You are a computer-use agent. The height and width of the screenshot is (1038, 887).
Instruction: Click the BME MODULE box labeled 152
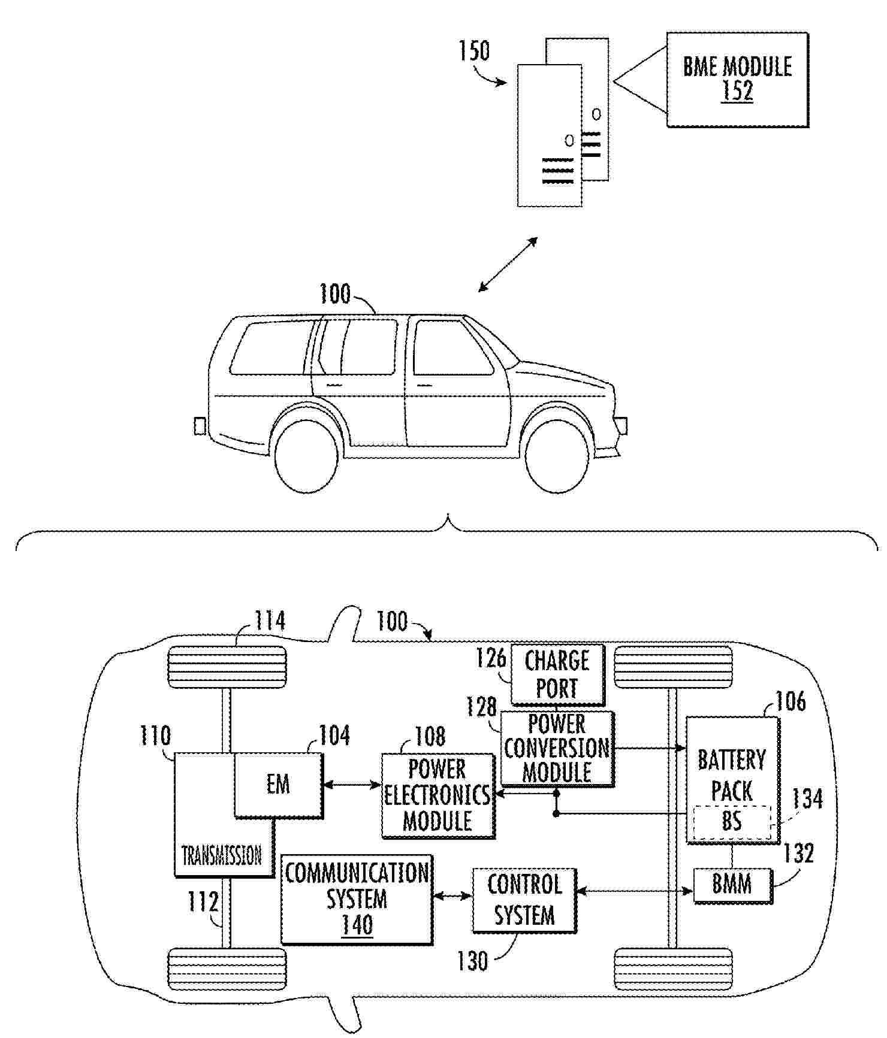coord(737,80)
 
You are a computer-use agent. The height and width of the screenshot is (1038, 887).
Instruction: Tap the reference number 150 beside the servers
coord(474,52)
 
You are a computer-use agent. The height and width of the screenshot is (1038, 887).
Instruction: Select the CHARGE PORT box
coord(557,674)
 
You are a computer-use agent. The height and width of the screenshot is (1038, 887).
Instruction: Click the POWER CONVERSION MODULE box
coord(557,748)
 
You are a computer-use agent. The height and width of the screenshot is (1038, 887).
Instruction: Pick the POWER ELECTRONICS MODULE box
coord(438,795)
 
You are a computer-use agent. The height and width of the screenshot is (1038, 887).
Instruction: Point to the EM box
coord(278,785)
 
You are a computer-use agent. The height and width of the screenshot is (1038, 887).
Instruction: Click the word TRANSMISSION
coord(222,855)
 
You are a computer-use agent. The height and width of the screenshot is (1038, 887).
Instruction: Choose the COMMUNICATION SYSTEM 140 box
coord(357,899)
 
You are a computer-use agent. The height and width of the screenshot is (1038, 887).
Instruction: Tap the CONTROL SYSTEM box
coord(524,900)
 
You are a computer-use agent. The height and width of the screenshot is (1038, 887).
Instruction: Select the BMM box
coord(732,885)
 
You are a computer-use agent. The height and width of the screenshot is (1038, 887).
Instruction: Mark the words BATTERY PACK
coord(732,776)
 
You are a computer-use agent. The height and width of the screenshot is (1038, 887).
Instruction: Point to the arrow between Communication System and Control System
coord(452,896)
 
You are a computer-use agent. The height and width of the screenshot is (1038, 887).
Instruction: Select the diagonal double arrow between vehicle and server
coord(508,265)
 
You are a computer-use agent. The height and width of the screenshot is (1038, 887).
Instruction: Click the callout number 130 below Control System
coord(472,961)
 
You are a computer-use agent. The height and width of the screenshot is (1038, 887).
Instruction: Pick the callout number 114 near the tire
coord(270,621)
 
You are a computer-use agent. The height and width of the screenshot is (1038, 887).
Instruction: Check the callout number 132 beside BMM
coord(799,854)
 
